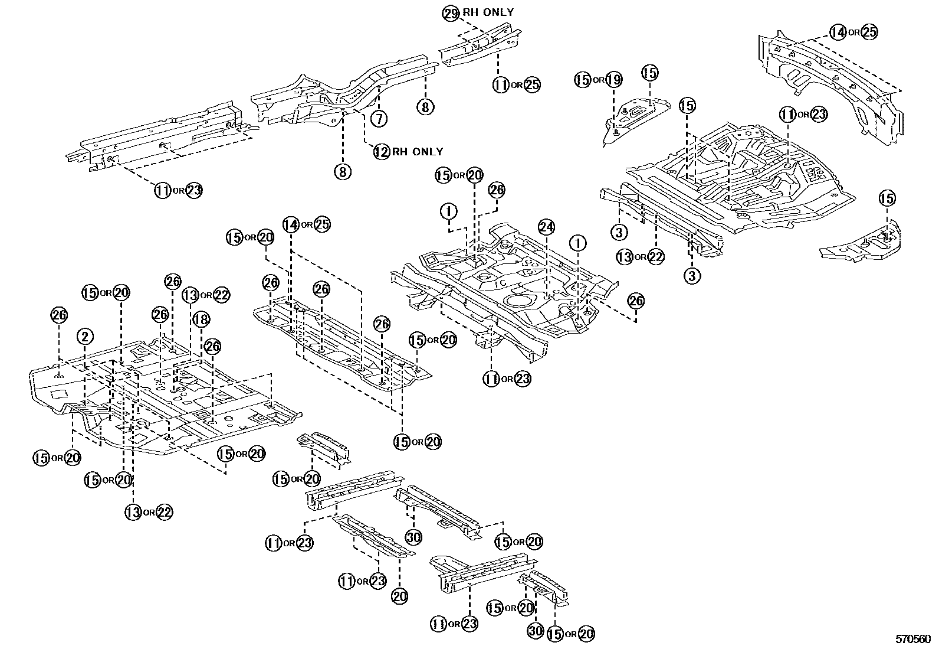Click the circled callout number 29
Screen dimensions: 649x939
[x=450, y=13]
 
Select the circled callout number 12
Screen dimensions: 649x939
[x=382, y=152]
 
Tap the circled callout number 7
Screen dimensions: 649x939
[x=380, y=118]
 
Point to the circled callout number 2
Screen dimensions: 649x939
[x=85, y=337]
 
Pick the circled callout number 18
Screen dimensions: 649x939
[x=201, y=320]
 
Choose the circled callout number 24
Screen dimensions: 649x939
[x=546, y=227]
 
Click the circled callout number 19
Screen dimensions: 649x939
[x=613, y=80]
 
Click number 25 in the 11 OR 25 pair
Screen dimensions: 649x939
[x=531, y=84]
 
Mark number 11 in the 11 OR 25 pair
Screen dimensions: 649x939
[x=501, y=84]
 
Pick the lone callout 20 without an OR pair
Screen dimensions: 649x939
[x=399, y=596]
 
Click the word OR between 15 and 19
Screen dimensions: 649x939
[x=598, y=80]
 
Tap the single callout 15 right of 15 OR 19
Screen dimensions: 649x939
[x=649, y=73]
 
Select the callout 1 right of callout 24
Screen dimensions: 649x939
[x=577, y=243]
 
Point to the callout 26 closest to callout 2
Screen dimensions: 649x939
[x=59, y=315]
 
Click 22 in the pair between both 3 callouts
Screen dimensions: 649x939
[x=655, y=256]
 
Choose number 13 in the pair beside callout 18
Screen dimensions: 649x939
[x=190, y=295]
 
